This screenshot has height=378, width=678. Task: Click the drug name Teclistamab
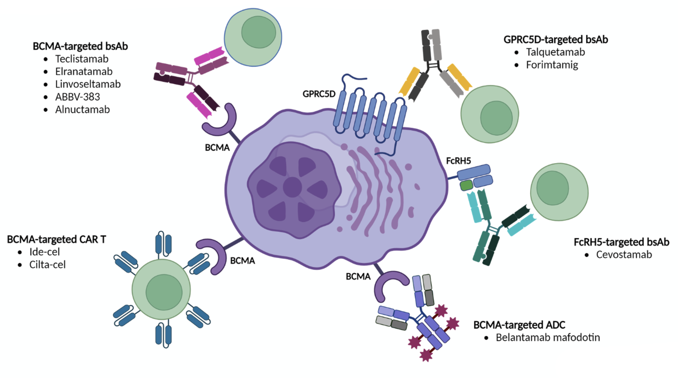pos(82,59)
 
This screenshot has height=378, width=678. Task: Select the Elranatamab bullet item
pos(84,71)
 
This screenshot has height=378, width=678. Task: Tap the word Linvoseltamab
pos(88,84)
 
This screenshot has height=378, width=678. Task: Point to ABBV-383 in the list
pos(77,97)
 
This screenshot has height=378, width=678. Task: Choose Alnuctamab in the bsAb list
pos(82,109)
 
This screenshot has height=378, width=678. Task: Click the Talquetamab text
pos(555,52)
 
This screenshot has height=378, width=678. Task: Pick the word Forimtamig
pos(552,65)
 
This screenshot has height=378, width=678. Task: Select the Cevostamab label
pos(624,255)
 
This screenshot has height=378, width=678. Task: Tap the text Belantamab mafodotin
pos(548,337)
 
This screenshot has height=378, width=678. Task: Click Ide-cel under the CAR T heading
pos(44,252)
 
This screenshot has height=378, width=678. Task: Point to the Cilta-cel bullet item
pos(47,264)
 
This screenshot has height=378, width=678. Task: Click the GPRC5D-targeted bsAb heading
pos(555,39)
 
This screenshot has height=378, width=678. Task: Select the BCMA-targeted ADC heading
pos(519,325)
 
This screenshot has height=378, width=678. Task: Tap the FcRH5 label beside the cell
pos(458,161)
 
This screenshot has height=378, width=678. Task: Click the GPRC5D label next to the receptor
pos(319,94)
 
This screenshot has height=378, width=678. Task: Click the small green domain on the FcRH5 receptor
pos(466,185)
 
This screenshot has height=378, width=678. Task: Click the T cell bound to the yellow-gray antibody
pos(490,114)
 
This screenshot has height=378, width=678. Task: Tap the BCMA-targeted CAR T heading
pos(56,239)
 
